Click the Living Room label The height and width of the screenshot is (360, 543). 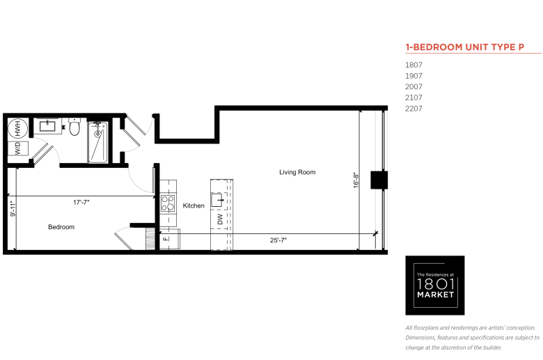(297, 172)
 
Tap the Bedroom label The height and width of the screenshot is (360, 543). (61, 227)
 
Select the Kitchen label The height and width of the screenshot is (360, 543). (194, 206)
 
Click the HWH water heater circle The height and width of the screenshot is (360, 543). (17, 128)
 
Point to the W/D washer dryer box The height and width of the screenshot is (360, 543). (18, 148)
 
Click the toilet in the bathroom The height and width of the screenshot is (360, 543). (74, 127)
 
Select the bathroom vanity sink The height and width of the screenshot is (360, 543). (47, 126)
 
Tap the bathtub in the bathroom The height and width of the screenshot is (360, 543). (98, 142)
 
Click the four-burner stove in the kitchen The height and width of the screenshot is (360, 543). (168, 203)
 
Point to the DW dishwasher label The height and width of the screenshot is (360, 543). (220, 219)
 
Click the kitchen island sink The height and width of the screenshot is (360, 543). (217, 201)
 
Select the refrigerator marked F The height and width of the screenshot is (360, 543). (170, 239)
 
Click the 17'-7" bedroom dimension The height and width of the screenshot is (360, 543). (81, 203)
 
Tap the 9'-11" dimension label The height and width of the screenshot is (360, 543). (13, 210)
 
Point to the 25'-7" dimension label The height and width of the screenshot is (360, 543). (278, 240)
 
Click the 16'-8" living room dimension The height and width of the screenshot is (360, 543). (356, 180)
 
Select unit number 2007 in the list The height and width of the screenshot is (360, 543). (414, 86)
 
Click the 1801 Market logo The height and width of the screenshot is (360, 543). (435, 285)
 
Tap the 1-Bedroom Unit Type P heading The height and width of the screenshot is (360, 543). (465, 47)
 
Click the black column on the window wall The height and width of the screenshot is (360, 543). (379, 180)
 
